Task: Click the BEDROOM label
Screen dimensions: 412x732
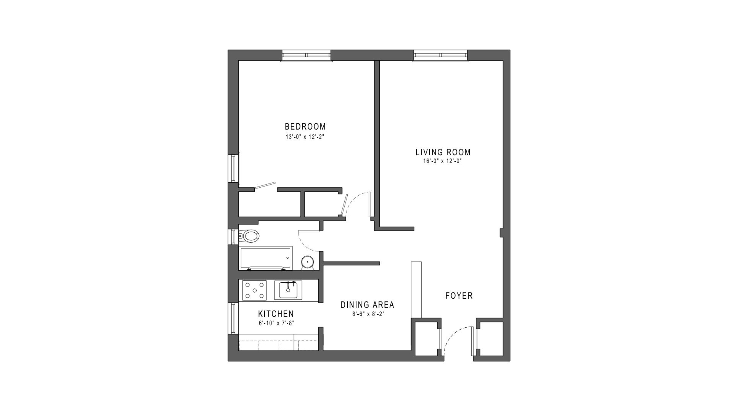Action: point(305,126)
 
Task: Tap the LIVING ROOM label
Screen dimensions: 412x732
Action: point(443,152)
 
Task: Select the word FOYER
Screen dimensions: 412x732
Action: point(459,296)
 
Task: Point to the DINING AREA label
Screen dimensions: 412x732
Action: point(367,305)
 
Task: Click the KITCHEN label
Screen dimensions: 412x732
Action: point(276,314)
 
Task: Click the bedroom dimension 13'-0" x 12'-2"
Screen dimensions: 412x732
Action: point(305,137)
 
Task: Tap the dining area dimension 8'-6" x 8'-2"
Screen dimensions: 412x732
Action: point(367,314)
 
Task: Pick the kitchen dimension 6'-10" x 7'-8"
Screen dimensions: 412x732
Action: point(276,323)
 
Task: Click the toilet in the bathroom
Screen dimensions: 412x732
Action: point(249,236)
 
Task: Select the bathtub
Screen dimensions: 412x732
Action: point(265,258)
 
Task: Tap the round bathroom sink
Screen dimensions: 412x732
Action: point(307,262)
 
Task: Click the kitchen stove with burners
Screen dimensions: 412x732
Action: point(254,290)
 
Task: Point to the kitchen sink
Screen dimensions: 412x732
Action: point(288,290)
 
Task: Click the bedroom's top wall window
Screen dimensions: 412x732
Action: point(306,56)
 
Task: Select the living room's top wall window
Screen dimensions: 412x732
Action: point(440,56)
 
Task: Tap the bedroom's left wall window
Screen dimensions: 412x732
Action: point(233,167)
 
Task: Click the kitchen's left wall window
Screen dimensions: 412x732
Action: point(233,318)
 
